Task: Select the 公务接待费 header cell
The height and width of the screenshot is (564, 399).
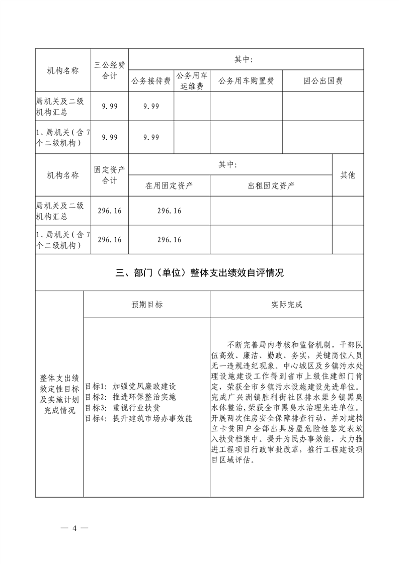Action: click(151, 80)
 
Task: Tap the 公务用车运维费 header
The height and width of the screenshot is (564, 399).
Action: click(192, 80)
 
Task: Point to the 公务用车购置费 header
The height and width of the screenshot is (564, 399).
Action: click(246, 80)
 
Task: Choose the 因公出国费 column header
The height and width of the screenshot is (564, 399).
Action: click(323, 80)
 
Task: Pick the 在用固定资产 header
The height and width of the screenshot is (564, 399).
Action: click(170, 185)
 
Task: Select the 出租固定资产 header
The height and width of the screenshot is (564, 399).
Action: click(271, 185)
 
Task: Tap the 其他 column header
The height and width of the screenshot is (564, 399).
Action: click(348, 175)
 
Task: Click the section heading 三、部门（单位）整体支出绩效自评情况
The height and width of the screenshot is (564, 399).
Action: click(200, 273)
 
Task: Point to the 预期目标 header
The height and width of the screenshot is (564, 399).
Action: click(147, 305)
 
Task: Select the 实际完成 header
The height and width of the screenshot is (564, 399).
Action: click(287, 305)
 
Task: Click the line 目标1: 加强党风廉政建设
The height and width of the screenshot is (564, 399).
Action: click(130, 387)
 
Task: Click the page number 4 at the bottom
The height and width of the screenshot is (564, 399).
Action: click(74, 528)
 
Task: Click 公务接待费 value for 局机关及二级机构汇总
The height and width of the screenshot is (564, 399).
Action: click(151, 106)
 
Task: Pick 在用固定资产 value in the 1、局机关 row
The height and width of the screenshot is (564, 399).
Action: click(170, 240)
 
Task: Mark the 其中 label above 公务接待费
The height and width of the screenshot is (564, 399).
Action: click(244, 60)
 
